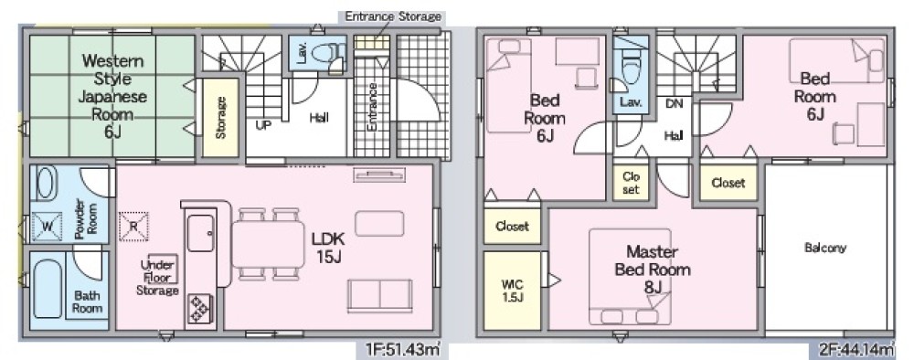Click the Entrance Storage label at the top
click(393, 16)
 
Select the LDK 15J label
click(328, 247)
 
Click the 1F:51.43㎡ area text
click(401, 350)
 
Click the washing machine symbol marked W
click(47, 226)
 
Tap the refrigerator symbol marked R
click(133, 226)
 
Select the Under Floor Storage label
click(157, 277)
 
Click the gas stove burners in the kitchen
click(200, 309)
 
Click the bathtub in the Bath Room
click(48, 290)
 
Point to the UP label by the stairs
click(263, 124)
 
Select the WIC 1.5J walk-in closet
click(513, 290)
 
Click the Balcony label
click(824, 248)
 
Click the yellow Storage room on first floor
click(220, 117)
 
